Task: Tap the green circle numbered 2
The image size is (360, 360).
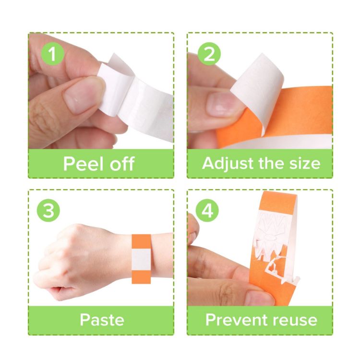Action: (x=209, y=55)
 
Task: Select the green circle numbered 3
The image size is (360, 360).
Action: (x=49, y=211)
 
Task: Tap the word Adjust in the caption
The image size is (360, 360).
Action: (x=227, y=164)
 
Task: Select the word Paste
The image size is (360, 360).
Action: (x=102, y=320)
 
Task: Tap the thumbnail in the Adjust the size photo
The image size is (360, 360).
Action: (x=222, y=103)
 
